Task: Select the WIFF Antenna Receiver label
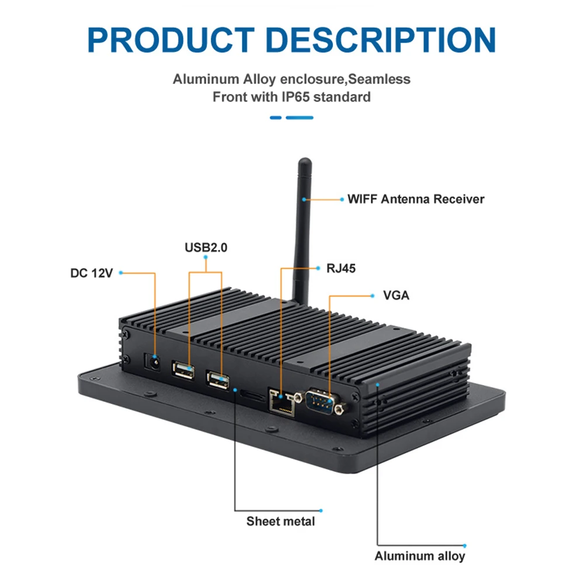[416, 199]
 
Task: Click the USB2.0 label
[206, 248]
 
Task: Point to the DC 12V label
[91, 273]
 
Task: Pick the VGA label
[396, 296]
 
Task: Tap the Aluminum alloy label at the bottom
[420, 556]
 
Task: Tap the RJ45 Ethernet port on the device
[281, 402]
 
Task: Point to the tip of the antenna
[304, 161]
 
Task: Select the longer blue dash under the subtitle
[300, 117]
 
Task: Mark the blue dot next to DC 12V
[120, 273]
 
